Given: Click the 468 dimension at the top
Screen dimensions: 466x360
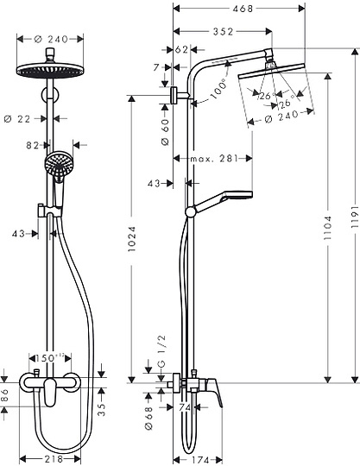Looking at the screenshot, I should pyautogui.click(x=228, y=9).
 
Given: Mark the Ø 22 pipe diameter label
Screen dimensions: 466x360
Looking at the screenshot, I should pyautogui.click(x=29, y=117).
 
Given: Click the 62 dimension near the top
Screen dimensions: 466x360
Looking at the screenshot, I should pyautogui.click(x=180, y=50).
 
